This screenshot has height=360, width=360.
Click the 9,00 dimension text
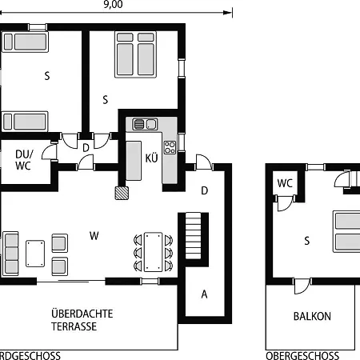tap(113, 4)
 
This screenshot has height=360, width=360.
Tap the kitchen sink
tap(146, 124)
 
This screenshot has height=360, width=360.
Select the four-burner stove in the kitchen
tap(170, 147)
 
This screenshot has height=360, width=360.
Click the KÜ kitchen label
tap(151, 158)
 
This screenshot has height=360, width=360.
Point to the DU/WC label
tap(24, 160)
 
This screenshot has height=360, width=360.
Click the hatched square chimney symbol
tap(122, 193)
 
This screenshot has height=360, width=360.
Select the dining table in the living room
tap(153, 252)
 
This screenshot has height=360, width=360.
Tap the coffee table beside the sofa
tap(35, 254)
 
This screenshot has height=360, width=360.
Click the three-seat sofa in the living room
tap(11, 254)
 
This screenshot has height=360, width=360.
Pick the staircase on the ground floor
tap(193, 235)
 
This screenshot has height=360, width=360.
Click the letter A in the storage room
tap(204, 294)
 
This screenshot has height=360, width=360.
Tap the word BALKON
tap(312, 317)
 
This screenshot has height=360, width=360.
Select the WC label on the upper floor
tap(285, 183)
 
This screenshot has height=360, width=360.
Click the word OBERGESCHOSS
tap(302, 356)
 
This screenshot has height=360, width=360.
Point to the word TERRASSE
tap(74, 326)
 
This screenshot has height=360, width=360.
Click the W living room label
tap(94, 236)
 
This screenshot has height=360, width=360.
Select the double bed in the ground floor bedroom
tap(135, 54)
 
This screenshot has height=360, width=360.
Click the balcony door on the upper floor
tap(302, 286)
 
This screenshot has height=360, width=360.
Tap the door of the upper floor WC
tap(285, 203)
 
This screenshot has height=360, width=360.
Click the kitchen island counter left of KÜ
tap(134, 161)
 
